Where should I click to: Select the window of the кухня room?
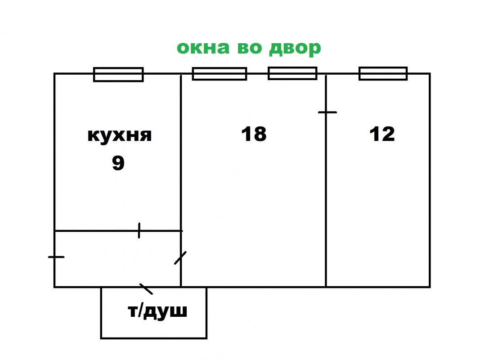pyautogui.click(x=118, y=74)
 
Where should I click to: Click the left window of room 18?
pyautogui.click(x=220, y=74)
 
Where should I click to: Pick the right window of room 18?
pyautogui.click(x=292, y=73)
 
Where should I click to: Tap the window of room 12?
pyautogui.click(x=383, y=73)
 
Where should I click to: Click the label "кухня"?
pyautogui.click(x=119, y=135)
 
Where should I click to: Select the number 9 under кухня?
pyautogui.click(x=118, y=163)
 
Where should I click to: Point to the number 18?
pyautogui.click(x=254, y=134)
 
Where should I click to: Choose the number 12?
pyautogui.click(x=382, y=134)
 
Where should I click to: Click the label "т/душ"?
pyautogui.click(x=157, y=311)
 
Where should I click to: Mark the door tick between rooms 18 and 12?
pyautogui.click(x=327, y=112)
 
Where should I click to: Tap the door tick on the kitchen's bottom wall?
pyautogui.click(x=139, y=230)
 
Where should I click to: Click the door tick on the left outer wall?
pyautogui.click(x=56, y=257)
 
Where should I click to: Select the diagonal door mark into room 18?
pyautogui.click(x=180, y=258)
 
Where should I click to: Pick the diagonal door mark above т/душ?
pyautogui.click(x=146, y=288)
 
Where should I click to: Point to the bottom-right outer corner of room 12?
pyautogui.click(x=429, y=286)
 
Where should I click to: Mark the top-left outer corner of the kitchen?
pyautogui.click(x=54, y=74)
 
